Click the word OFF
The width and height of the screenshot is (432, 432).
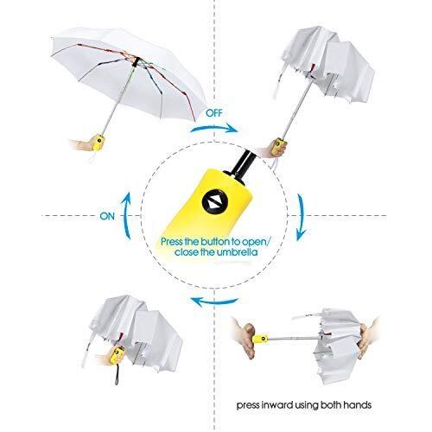coord(214,113)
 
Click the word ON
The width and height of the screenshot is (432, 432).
coord(107,216)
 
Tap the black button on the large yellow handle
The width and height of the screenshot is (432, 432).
coord(214,202)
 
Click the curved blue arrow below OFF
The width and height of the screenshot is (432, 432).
coord(213,129)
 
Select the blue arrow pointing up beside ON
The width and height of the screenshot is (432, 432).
coord(127,214)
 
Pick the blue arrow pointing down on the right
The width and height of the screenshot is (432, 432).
coord(302,218)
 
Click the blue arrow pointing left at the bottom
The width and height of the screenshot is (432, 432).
coord(214,302)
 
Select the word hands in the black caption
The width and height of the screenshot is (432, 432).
coord(357,405)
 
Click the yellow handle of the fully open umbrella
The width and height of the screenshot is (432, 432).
coord(98,143)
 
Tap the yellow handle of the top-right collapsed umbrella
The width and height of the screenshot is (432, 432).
coord(279,147)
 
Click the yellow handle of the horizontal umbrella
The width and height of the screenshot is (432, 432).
coord(261,339)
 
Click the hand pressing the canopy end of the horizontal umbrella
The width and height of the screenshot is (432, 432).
coord(366,339)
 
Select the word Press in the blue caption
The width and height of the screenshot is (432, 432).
coord(171,241)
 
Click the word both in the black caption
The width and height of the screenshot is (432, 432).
coord(331,405)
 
